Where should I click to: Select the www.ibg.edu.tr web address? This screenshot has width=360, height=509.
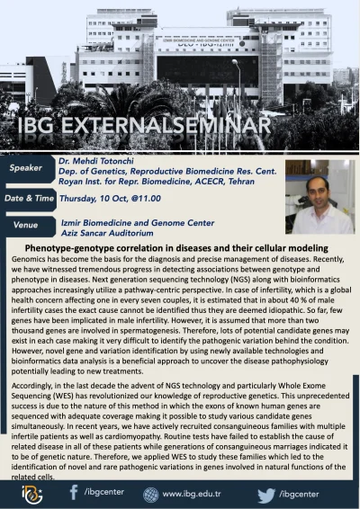coord(193,493)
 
